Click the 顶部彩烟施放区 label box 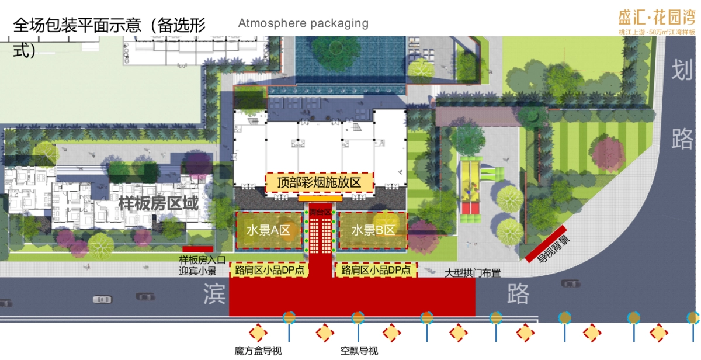point(320,183)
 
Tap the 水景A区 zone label point(269,230)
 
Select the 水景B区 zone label point(373,230)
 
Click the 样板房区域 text point(158,204)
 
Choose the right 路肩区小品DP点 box point(376,270)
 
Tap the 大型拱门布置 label point(473,274)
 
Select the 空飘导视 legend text point(359,351)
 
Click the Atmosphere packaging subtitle point(303,23)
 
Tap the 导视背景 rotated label point(546,243)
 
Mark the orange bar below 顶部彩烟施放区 point(320,199)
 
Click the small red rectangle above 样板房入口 point(197,249)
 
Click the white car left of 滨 point(102,299)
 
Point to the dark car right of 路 point(570,283)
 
